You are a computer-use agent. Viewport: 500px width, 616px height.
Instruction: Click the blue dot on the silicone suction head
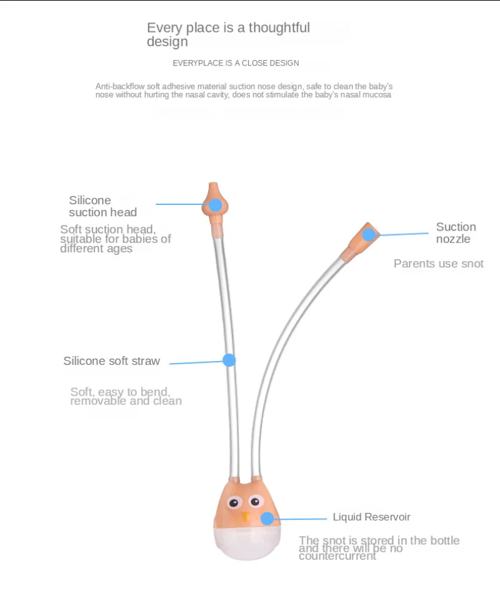pyautogui.click(x=216, y=205)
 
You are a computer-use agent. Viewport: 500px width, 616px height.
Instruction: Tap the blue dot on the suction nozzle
pyautogui.click(x=369, y=235)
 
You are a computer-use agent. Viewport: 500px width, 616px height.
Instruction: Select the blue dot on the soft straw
pyautogui.click(x=229, y=360)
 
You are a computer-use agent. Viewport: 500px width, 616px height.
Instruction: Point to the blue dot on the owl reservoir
pyautogui.click(x=267, y=518)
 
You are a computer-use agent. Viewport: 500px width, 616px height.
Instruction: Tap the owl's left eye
pyautogui.click(x=234, y=502)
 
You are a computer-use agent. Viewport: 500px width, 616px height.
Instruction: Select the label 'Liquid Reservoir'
pyautogui.click(x=371, y=517)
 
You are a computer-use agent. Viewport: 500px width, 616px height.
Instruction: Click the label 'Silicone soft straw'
pyautogui.click(x=111, y=361)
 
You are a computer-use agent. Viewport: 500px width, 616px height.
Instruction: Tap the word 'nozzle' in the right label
pyautogui.click(x=453, y=239)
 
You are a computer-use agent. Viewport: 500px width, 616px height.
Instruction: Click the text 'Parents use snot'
pyautogui.click(x=438, y=264)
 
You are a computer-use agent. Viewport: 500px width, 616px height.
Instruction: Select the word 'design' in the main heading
pyautogui.click(x=167, y=42)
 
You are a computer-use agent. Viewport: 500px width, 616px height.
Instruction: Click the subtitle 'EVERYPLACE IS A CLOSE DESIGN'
pyautogui.click(x=236, y=63)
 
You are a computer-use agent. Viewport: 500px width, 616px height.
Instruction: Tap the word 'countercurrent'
pyautogui.click(x=337, y=556)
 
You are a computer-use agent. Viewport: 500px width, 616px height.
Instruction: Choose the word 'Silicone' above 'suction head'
pyautogui.click(x=90, y=201)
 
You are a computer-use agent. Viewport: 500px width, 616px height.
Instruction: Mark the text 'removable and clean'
pyautogui.click(x=126, y=401)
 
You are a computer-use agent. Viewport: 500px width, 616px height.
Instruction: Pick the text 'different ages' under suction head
pyautogui.click(x=96, y=249)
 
